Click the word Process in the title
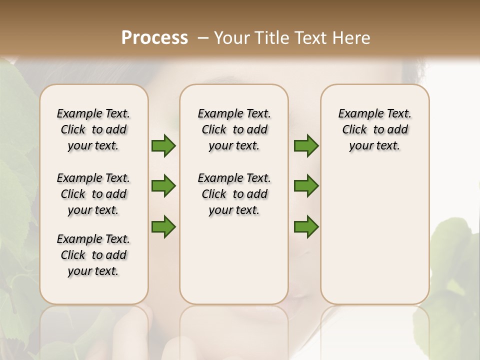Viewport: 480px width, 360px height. pyautogui.click(x=154, y=38)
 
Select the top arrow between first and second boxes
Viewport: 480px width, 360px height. pyautogui.click(x=163, y=146)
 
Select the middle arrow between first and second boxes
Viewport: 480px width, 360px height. pyautogui.click(x=163, y=186)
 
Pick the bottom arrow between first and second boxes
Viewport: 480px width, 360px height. pyautogui.click(x=163, y=226)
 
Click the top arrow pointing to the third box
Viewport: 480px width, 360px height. pyautogui.click(x=306, y=146)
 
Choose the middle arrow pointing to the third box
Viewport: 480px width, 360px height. pyautogui.click(x=306, y=186)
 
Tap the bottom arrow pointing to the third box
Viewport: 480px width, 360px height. pyautogui.click(x=306, y=226)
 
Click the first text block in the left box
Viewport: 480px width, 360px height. pyautogui.click(x=93, y=129)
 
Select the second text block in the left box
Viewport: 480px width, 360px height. pyautogui.click(x=93, y=194)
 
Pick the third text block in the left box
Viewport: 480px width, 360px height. pyautogui.click(x=93, y=255)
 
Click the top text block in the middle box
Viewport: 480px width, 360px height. pyautogui.click(x=234, y=129)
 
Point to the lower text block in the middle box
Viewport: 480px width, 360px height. pyautogui.click(x=234, y=194)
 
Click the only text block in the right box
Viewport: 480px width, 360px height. pyautogui.click(x=374, y=129)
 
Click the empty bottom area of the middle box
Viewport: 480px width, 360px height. pyautogui.click(x=234, y=265)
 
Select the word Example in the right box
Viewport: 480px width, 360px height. pyautogui.click(x=357, y=114)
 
